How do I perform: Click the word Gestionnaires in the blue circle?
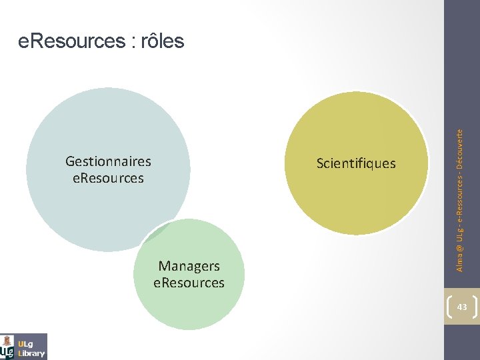point(108,161)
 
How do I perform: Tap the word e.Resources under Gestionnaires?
point(108,178)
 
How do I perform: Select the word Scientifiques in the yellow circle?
point(356,163)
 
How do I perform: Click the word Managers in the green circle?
point(189,266)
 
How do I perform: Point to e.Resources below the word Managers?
point(189,283)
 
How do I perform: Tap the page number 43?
point(462,307)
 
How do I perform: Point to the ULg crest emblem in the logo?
point(8,346)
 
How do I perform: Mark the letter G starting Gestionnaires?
point(70,161)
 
